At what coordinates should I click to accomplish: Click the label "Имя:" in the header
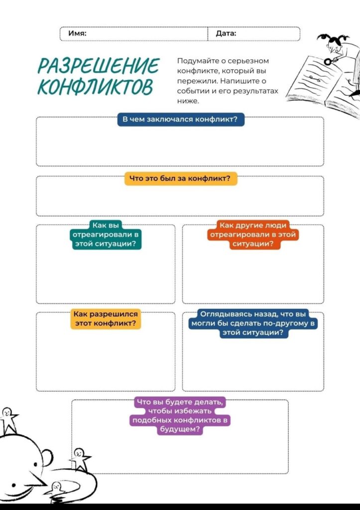coord(77,33)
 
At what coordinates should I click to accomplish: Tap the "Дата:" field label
coord(226,33)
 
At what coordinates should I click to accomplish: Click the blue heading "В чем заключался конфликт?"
coord(181,120)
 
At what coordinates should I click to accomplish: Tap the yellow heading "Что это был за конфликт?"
coord(180,179)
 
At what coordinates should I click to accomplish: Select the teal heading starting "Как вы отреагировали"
coord(105,235)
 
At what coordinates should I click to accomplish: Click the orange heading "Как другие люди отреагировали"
coord(253,235)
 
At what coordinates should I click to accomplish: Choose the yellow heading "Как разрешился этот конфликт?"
coord(106,319)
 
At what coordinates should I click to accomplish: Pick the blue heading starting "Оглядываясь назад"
coord(254,323)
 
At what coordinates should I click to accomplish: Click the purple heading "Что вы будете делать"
coord(180,415)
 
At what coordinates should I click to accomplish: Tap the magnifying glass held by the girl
coord(329,61)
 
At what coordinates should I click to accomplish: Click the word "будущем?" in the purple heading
coord(180,429)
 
